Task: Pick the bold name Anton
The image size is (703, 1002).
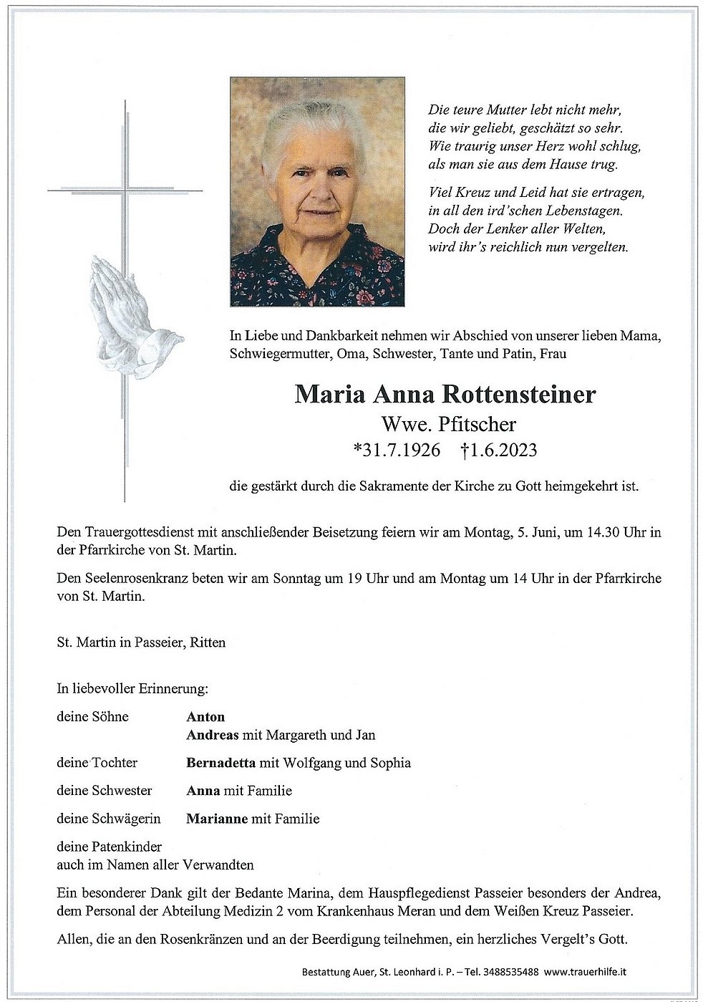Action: [x=205, y=716]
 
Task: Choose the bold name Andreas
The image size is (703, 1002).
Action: [x=211, y=735]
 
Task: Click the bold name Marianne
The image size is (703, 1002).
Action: [x=217, y=818]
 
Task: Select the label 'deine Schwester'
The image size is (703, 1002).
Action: [x=105, y=791]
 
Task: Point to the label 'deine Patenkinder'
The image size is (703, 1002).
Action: [x=110, y=846]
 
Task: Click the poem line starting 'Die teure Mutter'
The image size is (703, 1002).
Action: [x=524, y=111]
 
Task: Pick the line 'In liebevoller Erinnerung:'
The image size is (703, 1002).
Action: [x=132, y=689]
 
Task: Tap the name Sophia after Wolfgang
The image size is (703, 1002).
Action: [x=390, y=763]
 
